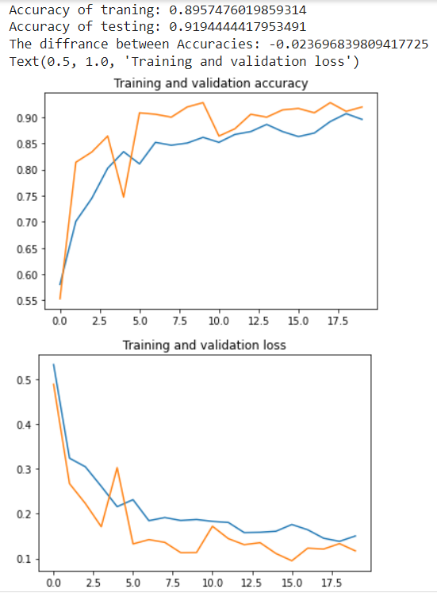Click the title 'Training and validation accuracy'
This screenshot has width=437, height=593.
click(x=211, y=83)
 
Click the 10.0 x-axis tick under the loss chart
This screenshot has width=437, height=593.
click(x=213, y=582)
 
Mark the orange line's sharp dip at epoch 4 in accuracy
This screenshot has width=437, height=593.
click(x=124, y=196)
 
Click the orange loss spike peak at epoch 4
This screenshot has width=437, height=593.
click(x=117, y=468)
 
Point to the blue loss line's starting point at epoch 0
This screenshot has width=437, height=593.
click(x=54, y=365)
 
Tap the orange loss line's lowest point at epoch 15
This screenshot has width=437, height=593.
click(x=293, y=560)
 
